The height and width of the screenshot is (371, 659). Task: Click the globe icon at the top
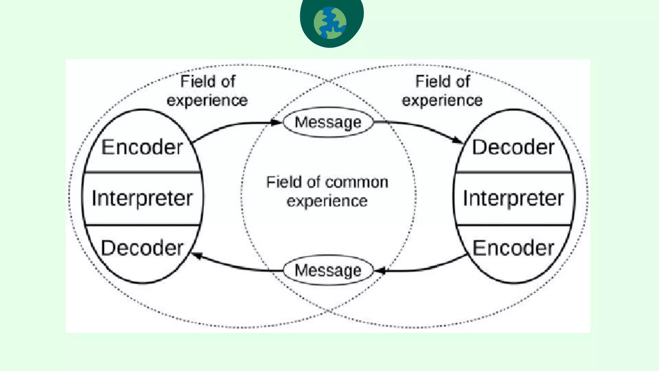[330, 23]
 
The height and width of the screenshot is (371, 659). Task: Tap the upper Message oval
[328, 122]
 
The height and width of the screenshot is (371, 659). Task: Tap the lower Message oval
[328, 270]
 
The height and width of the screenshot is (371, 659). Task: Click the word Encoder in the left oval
[142, 147]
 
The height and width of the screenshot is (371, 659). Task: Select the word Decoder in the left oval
[142, 248]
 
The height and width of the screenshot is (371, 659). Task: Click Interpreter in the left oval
[142, 198]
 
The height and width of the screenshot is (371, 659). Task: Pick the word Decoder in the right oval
[513, 147]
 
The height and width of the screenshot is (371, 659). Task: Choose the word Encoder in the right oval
[513, 248]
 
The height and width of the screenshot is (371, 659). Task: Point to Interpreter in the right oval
[513, 198]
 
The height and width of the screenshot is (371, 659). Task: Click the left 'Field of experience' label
[207, 91]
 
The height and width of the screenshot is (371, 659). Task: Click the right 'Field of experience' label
[442, 91]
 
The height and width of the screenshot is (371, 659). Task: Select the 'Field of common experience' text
[327, 191]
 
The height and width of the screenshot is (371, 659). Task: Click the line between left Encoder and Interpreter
[142, 172]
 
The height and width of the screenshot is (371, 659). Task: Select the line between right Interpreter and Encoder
[513, 225]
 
